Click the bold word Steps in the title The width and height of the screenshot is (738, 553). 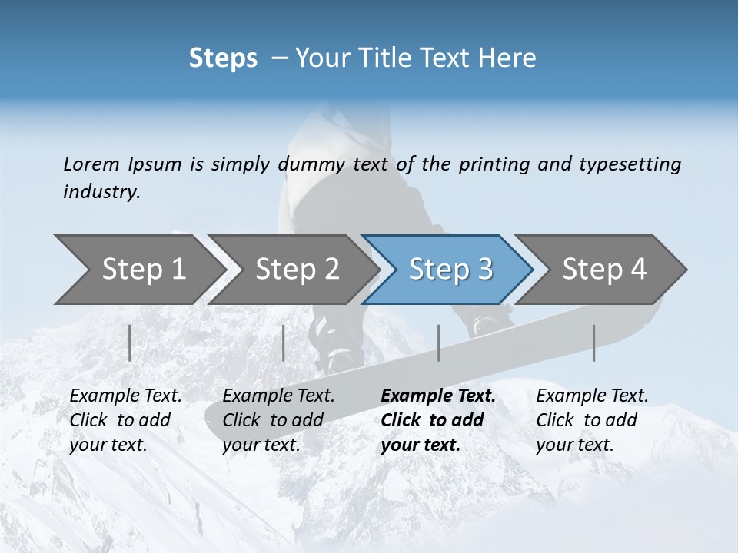223,58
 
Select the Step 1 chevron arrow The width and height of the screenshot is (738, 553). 138,270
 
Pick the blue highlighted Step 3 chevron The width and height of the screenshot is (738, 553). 450,270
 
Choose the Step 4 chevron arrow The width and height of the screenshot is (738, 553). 603,270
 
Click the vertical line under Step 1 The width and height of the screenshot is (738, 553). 130,343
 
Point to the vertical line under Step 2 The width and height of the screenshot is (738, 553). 284,343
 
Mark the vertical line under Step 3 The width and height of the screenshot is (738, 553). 438,343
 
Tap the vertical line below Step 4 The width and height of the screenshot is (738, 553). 594,343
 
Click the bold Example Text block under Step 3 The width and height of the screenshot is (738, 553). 438,420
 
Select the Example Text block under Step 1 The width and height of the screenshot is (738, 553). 125,420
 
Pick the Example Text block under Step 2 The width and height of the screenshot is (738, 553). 278,420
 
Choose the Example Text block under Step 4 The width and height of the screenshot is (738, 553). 592,420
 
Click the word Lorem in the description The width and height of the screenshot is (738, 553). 91,164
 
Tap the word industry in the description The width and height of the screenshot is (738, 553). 101,192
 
